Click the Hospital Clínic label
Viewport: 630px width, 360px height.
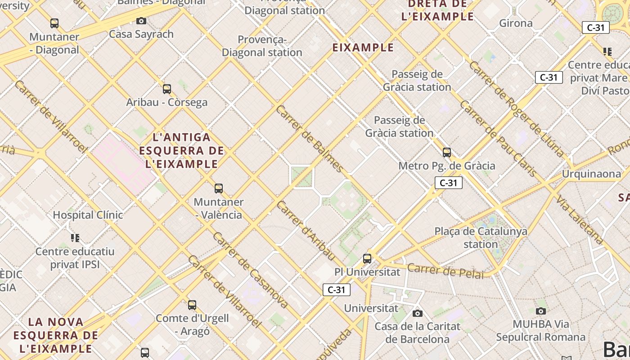pyautogui.click(x=88, y=215)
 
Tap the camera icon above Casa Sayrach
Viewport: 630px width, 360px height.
pyautogui.click(x=141, y=21)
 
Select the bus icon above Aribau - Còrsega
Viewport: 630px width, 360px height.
pyautogui.click(x=167, y=89)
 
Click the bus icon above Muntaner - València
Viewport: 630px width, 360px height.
pyautogui.click(x=219, y=188)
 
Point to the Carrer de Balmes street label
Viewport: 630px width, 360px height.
pyautogui.click(x=310, y=139)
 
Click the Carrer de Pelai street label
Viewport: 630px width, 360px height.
pyautogui.click(x=445, y=271)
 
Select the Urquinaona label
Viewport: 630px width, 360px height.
pyautogui.click(x=591, y=174)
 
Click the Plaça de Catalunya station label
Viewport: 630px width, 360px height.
pyautogui.click(x=481, y=238)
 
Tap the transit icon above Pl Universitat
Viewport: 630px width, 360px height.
pyautogui.click(x=367, y=259)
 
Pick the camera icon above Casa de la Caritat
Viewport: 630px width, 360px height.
pyautogui.click(x=418, y=313)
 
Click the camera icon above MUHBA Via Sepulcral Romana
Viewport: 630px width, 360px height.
pyautogui.click(x=541, y=311)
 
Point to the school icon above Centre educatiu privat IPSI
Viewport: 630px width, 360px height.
pyautogui.click(x=75, y=238)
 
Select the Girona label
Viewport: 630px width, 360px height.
pyautogui.click(x=516, y=23)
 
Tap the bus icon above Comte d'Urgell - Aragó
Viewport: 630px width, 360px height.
pyautogui.click(x=192, y=305)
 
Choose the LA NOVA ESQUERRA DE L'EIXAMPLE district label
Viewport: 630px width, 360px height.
pyautogui.click(x=56, y=335)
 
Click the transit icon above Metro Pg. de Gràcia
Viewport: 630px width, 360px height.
pyautogui.click(x=447, y=152)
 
